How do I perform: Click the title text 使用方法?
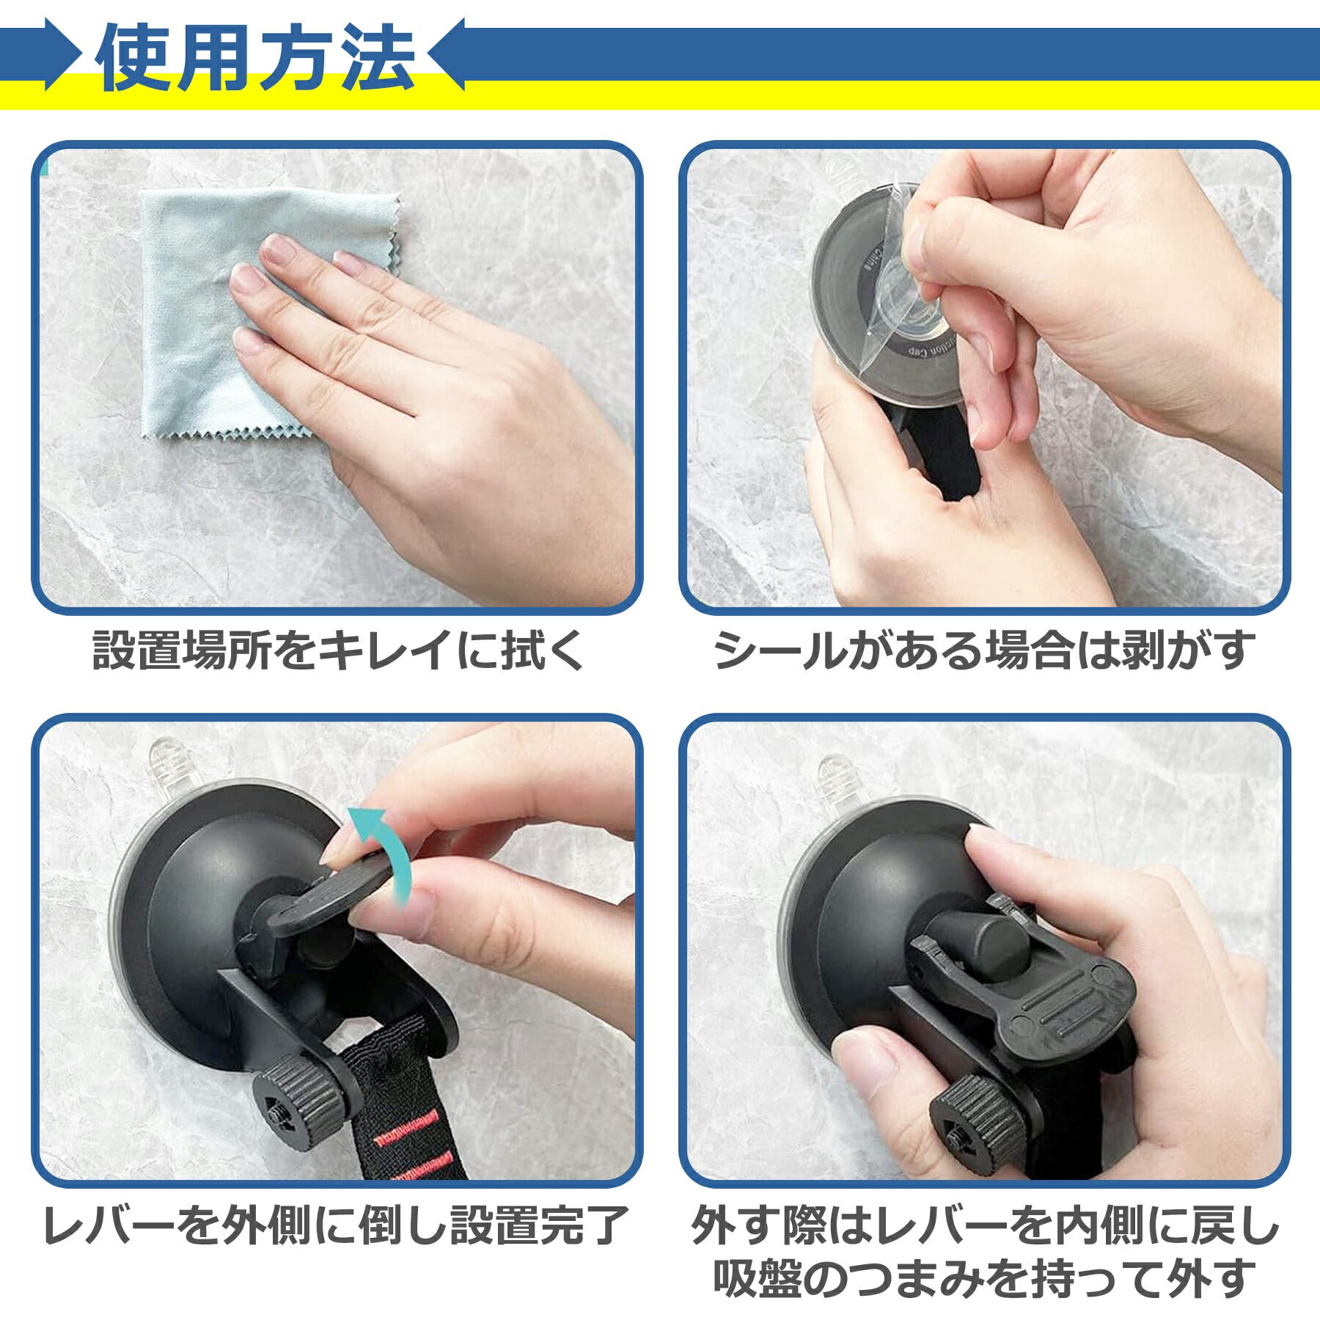(x=256, y=58)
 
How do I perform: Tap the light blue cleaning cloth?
(x=220, y=308)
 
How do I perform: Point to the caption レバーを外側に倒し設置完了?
(x=337, y=1224)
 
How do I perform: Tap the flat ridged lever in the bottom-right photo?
(x=1041, y=983)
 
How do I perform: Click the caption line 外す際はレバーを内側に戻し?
(x=984, y=1224)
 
